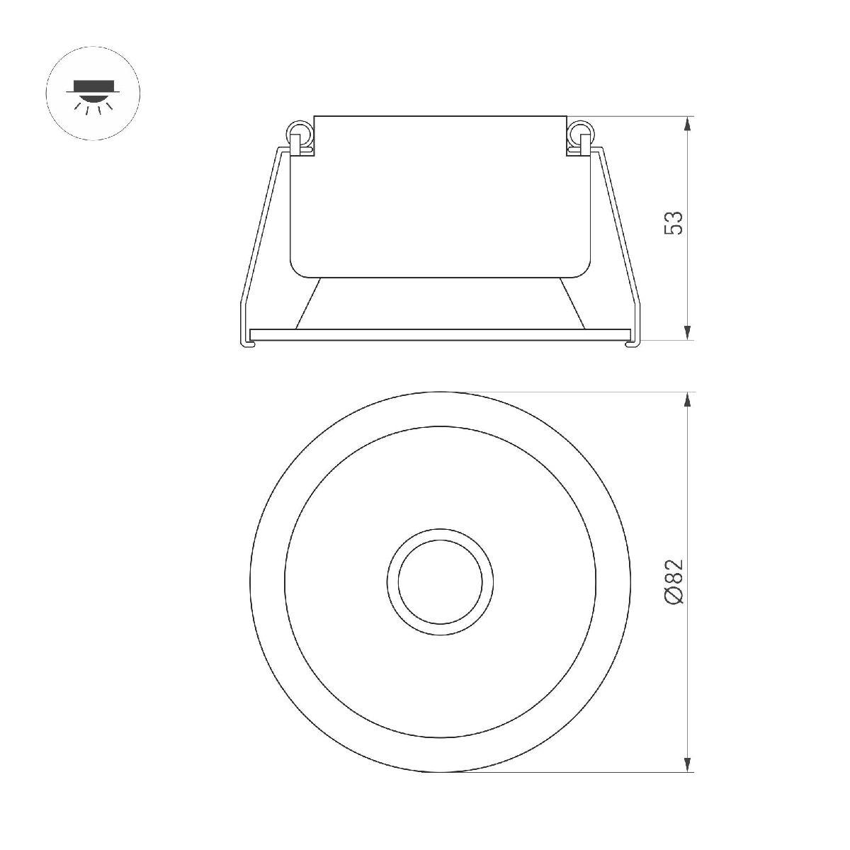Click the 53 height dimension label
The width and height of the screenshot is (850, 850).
[x=674, y=222]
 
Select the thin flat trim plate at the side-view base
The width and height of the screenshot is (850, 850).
[x=440, y=333]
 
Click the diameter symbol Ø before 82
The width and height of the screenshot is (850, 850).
[x=674, y=596]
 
